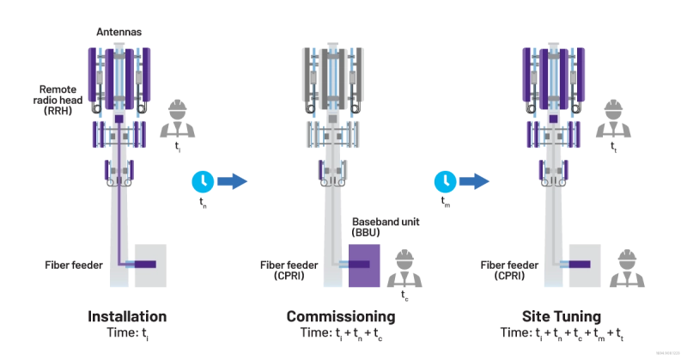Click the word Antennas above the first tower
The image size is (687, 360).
[x=119, y=32]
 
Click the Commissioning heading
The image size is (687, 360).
[x=340, y=316]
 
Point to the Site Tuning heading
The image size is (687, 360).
[x=562, y=316]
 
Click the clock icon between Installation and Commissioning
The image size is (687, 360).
[x=203, y=180]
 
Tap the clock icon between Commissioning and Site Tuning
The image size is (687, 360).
[x=445, y=180]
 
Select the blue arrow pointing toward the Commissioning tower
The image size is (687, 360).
[x=231, y=180]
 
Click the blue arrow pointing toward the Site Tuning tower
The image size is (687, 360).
[x=473, y=180]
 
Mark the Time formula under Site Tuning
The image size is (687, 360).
[x=562, y=332]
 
